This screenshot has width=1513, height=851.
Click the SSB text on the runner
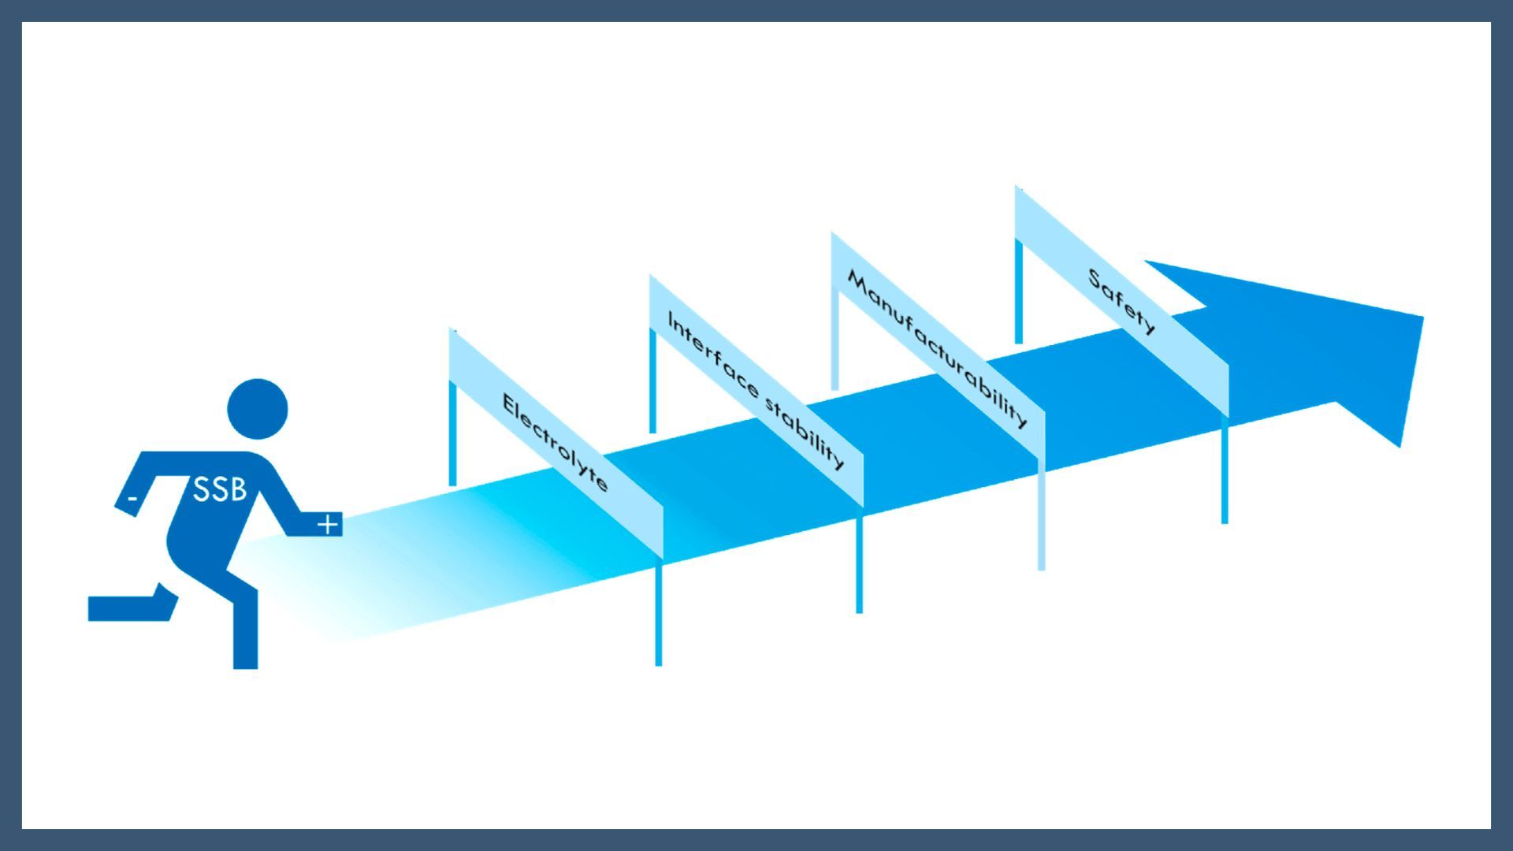(220, 489)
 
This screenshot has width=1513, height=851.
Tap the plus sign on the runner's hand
(329, 523)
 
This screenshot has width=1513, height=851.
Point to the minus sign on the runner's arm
(133, 498)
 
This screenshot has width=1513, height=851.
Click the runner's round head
(258, 409)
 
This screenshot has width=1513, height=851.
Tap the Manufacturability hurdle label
(937, 349)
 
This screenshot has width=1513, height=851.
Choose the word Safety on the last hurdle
(1122, 301)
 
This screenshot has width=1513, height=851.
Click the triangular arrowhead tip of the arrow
(1422, 317)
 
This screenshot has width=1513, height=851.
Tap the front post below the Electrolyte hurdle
(659, 612)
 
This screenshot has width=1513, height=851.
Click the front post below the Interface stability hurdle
(859, 559)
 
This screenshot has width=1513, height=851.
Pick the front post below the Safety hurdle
(1225, 470)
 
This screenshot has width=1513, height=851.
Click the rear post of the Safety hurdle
(1018, 291)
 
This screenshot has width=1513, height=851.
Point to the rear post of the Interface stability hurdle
(652, 380)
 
